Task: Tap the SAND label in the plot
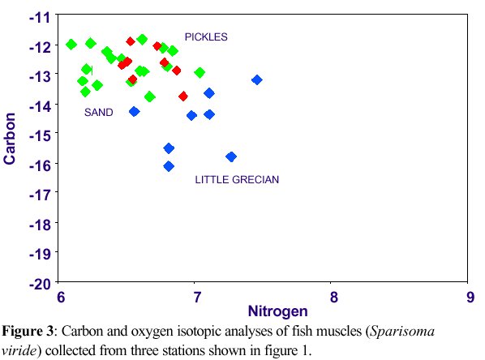tap(98, 113)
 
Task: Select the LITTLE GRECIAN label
tap(237, 180)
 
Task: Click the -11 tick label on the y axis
tap(38, 16)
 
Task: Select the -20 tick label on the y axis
tap(38, 283)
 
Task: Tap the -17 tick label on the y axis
tap(38, 194)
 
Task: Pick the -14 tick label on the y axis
tap(38, 105)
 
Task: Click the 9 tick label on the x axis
tap(469, 297)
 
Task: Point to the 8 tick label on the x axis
tap(332, 297)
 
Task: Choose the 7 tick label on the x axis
tap(195, 297)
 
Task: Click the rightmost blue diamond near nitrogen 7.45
tap(257, 79)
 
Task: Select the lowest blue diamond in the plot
tap(169, 166)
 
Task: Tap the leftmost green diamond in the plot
tap(71, 44)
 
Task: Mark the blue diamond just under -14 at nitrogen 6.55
tap(135, 111)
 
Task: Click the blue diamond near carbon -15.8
tap(231, 156)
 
